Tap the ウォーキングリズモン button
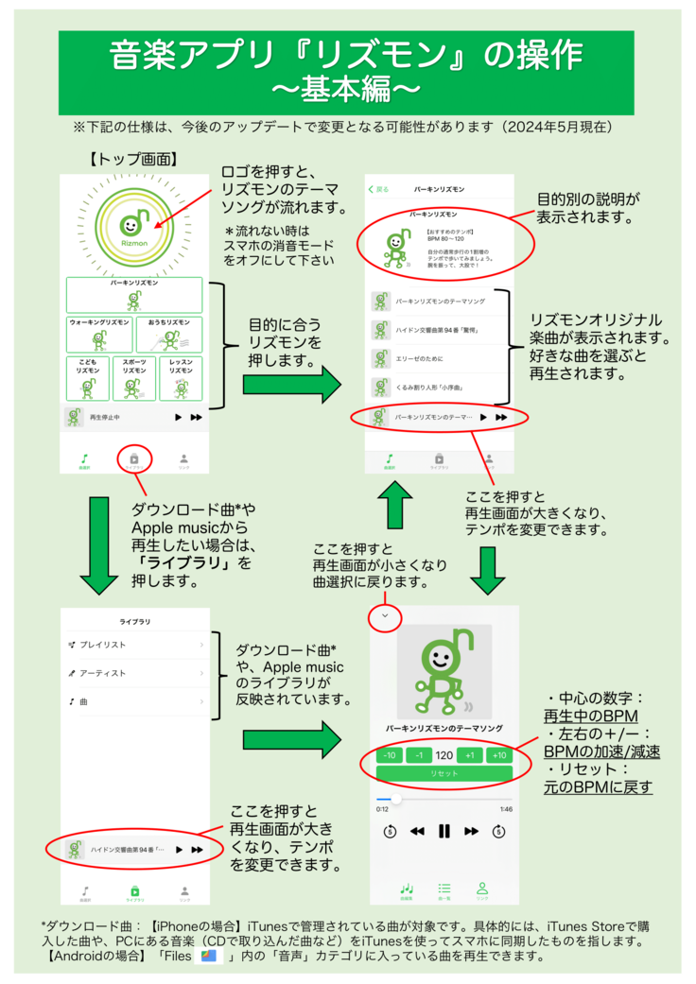pyautogui.click(x=99, y=334)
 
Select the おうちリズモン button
pyautogui.click(x=169, y=334)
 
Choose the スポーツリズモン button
pyautogui.click(x=134, y=377)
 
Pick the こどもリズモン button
pyautogui.click(x=88, y=377)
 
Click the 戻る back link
pyautogui.click(x=378, y=189)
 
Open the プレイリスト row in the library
pyautogui.click(x=133, y=645)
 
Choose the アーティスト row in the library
pyautogui.click(x=133, y=673)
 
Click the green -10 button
pyautogui.click(x=390, y=755)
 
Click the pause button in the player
pyautogui.click(x=444, y=832)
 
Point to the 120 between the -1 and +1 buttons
pyautogui.click(x=444, y=755)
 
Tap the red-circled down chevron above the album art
pyautogui.click(x=385, y=617)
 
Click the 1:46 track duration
pyautogui.click(x=506, y=809)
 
